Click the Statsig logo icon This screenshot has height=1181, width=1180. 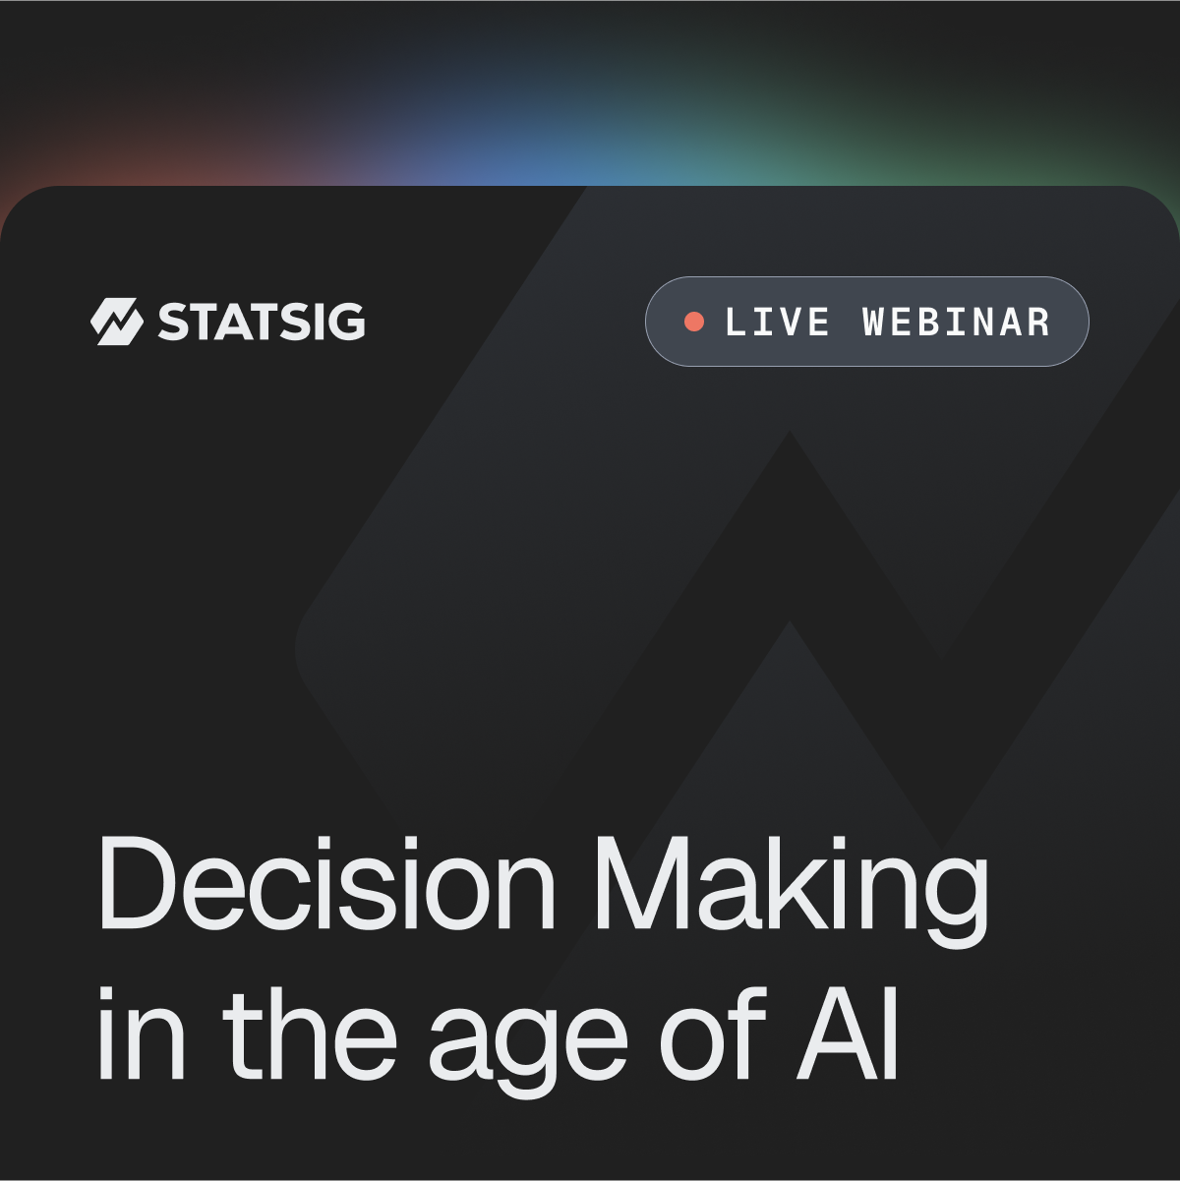[117, 322]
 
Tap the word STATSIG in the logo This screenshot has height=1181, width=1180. [262, 322]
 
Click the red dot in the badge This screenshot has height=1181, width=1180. [694, 322]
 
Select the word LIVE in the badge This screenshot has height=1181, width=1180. [777, 322]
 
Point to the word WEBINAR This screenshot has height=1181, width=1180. [956, 322]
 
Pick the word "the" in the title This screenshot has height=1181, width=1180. [309, 1035]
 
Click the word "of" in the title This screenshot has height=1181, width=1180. [713, 1035]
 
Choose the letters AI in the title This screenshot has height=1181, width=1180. [848, 1035]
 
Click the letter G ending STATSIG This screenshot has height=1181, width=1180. [347, 322]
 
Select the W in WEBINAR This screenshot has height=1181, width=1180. [875, 322]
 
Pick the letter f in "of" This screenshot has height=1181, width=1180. [748, 1034]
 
